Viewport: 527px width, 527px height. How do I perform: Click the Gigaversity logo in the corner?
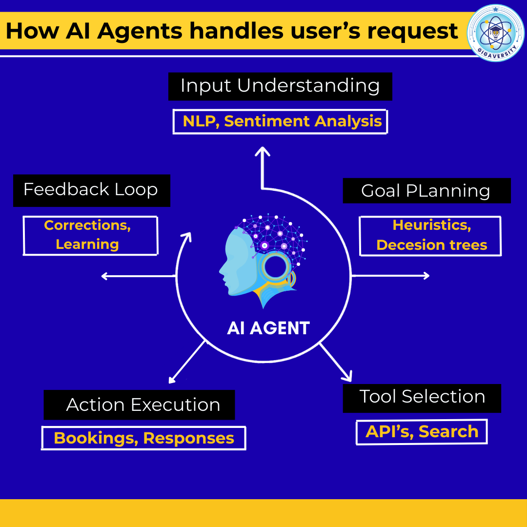495,33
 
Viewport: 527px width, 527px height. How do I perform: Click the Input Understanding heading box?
280,86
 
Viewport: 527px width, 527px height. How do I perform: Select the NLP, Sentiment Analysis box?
281,122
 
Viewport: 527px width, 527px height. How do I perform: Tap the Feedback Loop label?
91,190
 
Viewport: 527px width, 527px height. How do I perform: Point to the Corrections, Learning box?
90,235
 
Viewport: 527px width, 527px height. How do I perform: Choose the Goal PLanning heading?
426,191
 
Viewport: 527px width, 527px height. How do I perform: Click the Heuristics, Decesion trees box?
430,236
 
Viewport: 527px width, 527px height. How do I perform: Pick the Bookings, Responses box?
143,438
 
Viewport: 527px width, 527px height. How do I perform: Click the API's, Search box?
422,432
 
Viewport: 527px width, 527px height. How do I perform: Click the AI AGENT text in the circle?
268,328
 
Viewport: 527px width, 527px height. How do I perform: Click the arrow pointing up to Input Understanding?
263,166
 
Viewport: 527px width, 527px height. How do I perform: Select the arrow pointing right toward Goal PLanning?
390,276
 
